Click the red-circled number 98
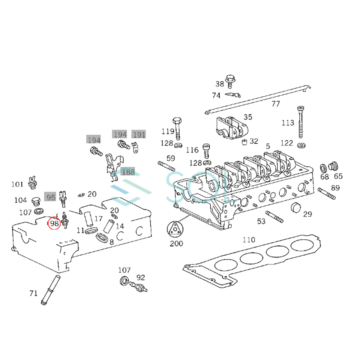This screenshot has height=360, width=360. (x=54, y=223)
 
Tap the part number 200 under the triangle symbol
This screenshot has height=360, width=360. (x=176, y=244)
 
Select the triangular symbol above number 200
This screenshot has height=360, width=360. (x=175, y=229)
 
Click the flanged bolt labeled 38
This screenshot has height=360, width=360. (x=230, y=82)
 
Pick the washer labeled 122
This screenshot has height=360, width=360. (x=301, y=145)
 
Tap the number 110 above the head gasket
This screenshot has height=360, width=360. (x=249, y=240)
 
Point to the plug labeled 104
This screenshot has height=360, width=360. (x=36, y=201)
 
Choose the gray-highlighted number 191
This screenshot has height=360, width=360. (x=139, y=135)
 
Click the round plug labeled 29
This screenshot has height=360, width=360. (x=296, y=208)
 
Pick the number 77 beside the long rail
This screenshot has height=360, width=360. (x=276, y=104)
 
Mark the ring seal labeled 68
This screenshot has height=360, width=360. (x=323, y=168)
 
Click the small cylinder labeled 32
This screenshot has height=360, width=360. (x=244, y=142)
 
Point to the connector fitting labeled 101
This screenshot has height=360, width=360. (x=33, y=183)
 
